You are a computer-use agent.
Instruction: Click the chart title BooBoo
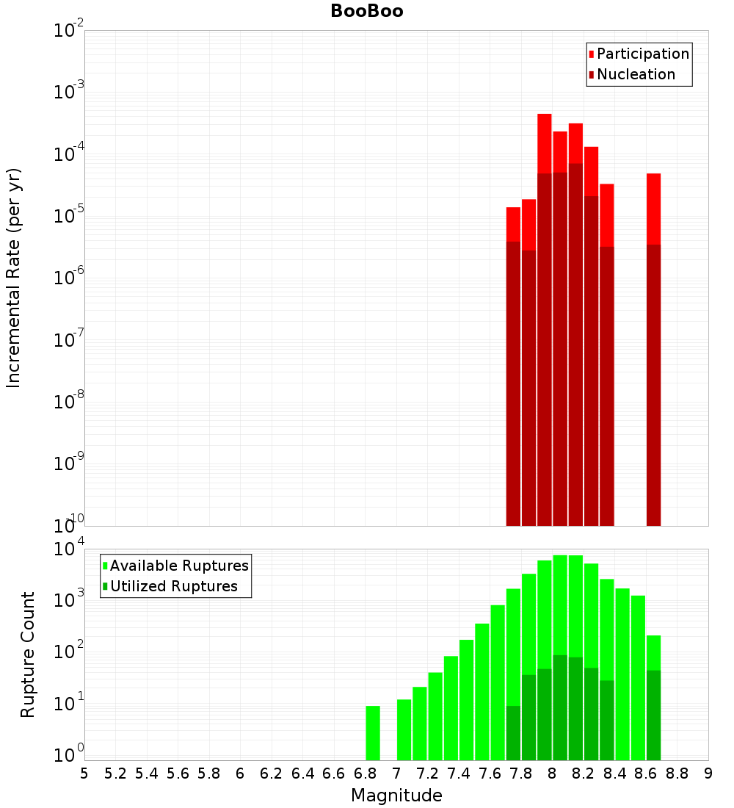tap(366, 11)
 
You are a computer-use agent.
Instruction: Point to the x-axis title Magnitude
tap(396, 796)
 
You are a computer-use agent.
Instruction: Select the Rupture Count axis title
tap(28, 654)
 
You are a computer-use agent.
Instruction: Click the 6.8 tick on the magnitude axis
tap(366, 773)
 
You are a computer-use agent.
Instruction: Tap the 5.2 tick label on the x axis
tap(116, 773)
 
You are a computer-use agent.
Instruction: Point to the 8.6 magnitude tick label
tap(646, 773)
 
